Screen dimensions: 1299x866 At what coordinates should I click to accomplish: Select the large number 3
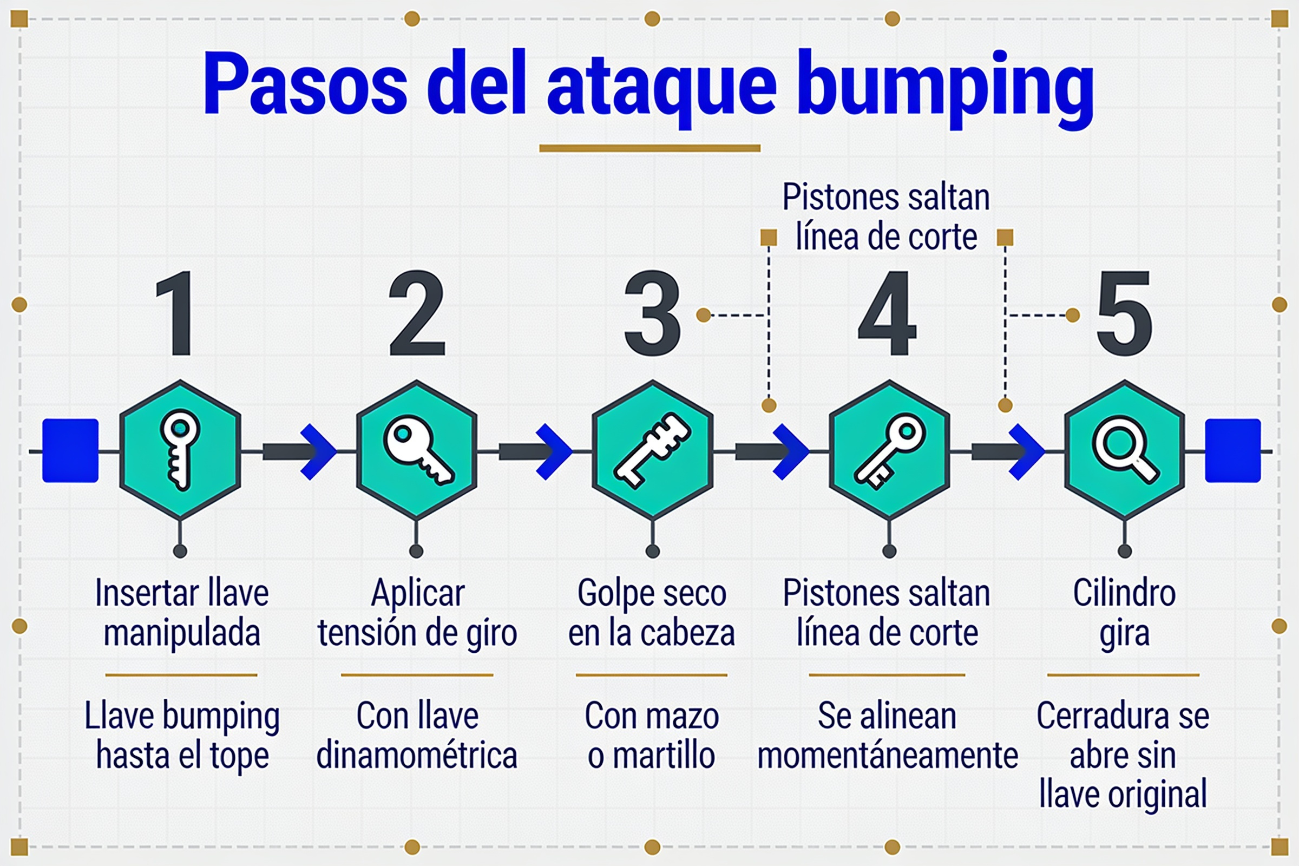point(652,313)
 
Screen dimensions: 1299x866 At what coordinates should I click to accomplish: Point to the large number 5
point(1124,313)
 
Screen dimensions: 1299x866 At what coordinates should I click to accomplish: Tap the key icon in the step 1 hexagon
point(180,450)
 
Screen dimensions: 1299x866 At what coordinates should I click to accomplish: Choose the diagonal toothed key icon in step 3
point(652,450)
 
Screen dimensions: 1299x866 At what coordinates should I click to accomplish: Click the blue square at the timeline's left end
point(71,451)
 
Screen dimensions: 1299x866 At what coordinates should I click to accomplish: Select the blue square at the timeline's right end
point(1233,451)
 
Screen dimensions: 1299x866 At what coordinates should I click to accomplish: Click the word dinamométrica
point(417,756)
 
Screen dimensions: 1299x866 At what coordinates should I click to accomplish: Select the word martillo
point(665,756)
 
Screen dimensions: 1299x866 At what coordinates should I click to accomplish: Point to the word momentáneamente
point(888,756)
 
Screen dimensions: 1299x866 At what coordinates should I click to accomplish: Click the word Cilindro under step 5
point(1125,594)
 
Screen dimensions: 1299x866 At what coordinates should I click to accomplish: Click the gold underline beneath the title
point(650,148)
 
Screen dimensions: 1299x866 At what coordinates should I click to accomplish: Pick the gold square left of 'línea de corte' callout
point(769,238)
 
